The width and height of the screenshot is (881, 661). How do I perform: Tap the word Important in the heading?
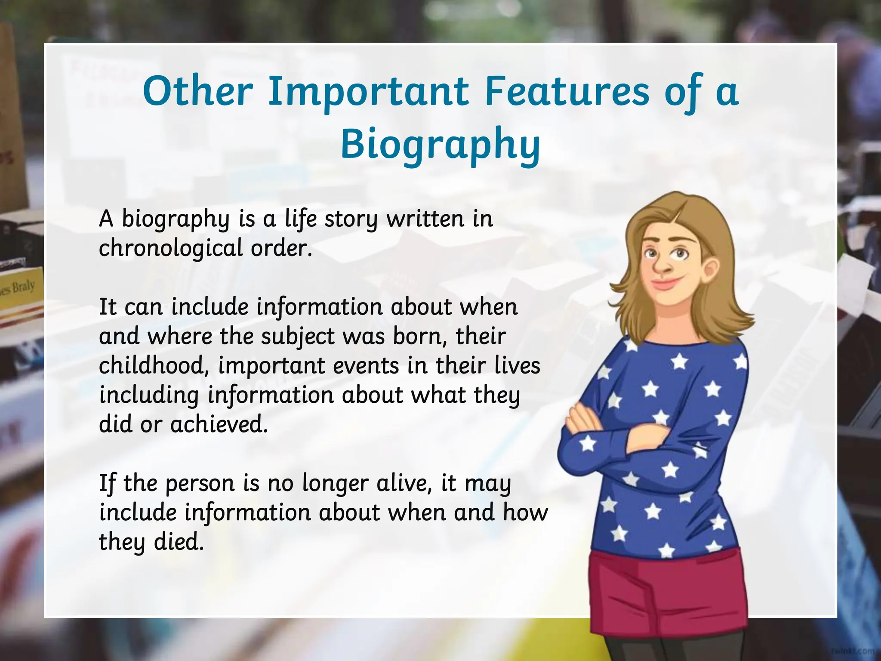pos(368,92)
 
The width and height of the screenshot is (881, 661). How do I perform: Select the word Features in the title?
pos(567,92)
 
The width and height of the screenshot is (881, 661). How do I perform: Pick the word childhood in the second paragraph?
pos(154,366)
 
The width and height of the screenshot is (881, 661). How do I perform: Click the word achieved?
pos(219,425)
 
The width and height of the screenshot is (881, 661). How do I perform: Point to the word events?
pos(366,366)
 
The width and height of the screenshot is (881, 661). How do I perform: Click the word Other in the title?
pos(198,92)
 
